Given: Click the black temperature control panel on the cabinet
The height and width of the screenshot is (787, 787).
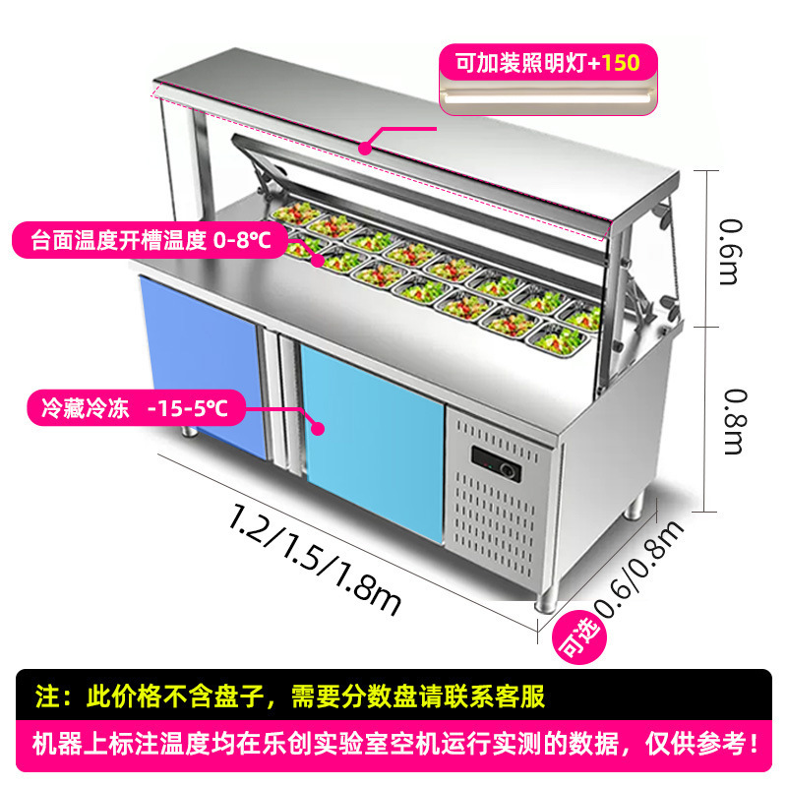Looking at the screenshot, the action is coord(498,458).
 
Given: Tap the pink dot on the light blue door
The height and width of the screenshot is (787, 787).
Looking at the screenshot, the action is coord(318,428).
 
